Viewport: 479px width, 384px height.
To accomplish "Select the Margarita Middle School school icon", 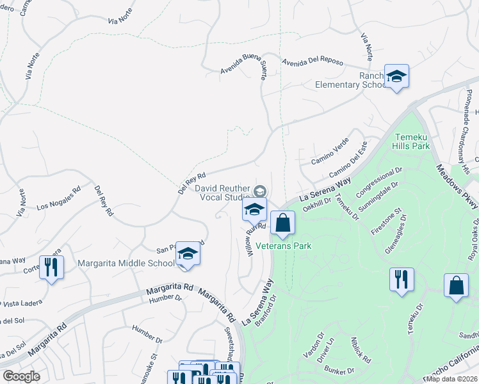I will pyautogui.click(x=188, y=253).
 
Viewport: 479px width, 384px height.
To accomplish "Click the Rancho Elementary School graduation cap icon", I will pyautogui.click(x=396, y=77).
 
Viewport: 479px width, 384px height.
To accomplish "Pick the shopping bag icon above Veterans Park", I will pyautogui.click(x=282, y=223).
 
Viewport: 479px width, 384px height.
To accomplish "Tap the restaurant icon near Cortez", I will pyautogui.click(x=52, y=266).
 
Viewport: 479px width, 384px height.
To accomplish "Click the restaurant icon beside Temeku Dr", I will pyautogui.click(x=402, y=279).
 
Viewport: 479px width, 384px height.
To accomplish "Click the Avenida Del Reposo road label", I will pyautogui.click(x=312, y=62).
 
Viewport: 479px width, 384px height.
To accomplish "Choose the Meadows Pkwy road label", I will pyautogui.click(x=456, y=186).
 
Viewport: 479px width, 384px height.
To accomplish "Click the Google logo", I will pyautogui.click(x=21, y=376).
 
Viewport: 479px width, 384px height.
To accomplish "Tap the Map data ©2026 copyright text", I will pyautogui.click(x=452, y=379).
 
